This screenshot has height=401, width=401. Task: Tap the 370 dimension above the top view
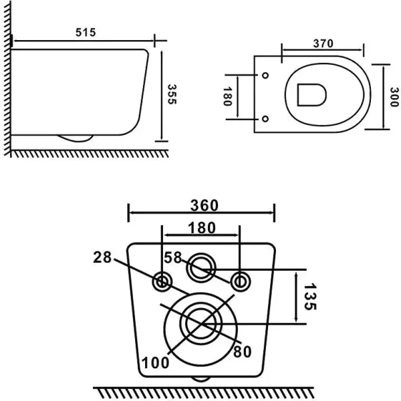(323, 43)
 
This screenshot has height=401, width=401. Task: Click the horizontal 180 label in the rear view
(201, 228)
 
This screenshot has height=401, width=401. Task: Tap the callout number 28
(103, 257)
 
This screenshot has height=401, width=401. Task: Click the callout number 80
(242, 350)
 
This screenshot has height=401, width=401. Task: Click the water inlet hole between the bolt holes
(200, 269)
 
